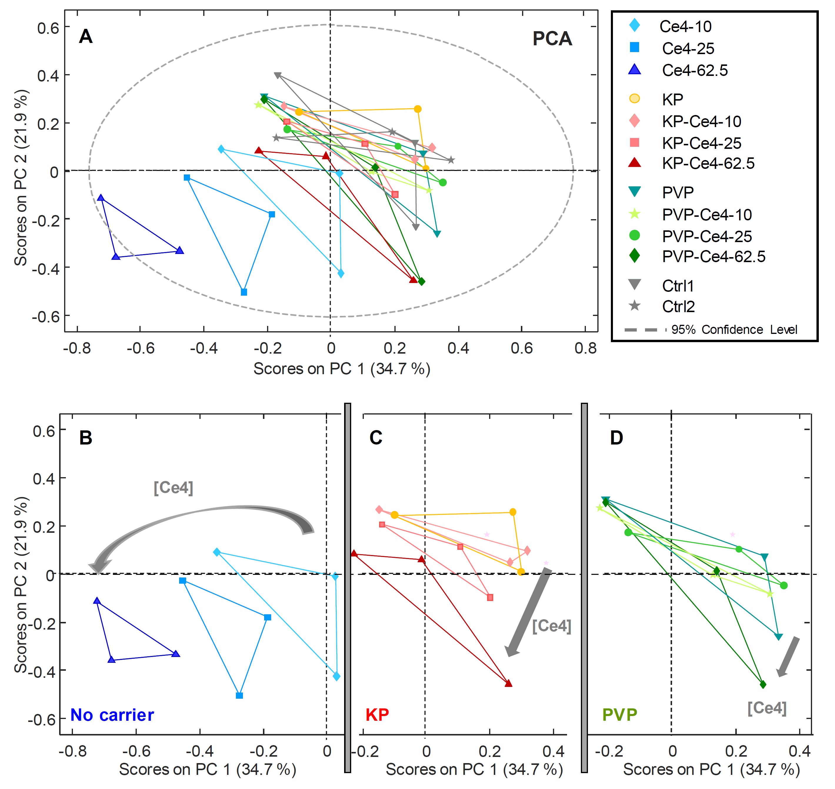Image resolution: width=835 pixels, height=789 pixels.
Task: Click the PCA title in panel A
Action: [x=552, y=39]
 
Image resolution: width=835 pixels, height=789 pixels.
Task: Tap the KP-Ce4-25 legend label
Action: [x=701, y=143]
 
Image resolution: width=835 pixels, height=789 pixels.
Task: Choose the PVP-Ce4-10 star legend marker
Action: [x=634, y=214]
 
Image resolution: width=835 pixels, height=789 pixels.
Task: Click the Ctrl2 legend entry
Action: [x=678, y=307]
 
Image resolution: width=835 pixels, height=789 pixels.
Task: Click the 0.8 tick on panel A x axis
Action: [x=585, y=348]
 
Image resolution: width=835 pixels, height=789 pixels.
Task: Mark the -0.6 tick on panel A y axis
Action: [x=45, y=316]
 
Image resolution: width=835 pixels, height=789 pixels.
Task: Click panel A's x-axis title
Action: [x=341, y=369]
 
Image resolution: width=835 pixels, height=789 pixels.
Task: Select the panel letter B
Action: [x=86, y=438]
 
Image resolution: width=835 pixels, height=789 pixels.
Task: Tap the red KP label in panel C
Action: [x=377, y=715]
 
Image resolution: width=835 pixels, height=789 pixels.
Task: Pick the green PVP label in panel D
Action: [x=619, y=715]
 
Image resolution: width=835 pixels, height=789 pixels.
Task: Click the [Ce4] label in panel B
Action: [x=173, y=487]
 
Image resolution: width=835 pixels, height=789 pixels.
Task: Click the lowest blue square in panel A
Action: [x=244, y=292]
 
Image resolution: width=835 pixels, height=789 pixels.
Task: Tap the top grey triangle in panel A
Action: [x=277, y=75]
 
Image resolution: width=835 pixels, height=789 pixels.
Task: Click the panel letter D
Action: [x=616, y=438]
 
